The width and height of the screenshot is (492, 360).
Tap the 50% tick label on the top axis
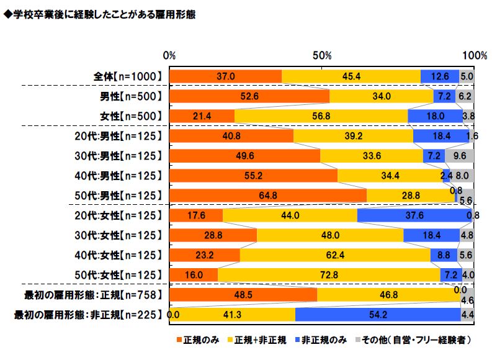point(323,55)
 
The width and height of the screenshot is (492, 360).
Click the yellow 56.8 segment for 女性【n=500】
point(321,116)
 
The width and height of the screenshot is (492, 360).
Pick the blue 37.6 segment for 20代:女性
point(414,215)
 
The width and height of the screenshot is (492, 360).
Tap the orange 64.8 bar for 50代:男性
point(267,196)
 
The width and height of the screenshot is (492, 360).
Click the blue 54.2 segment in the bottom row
point(377,315)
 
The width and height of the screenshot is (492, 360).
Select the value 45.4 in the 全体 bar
point(351,76)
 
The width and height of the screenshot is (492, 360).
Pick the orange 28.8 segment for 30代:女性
point(213,235)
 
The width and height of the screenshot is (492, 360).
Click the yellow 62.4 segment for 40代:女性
point(335,255)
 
